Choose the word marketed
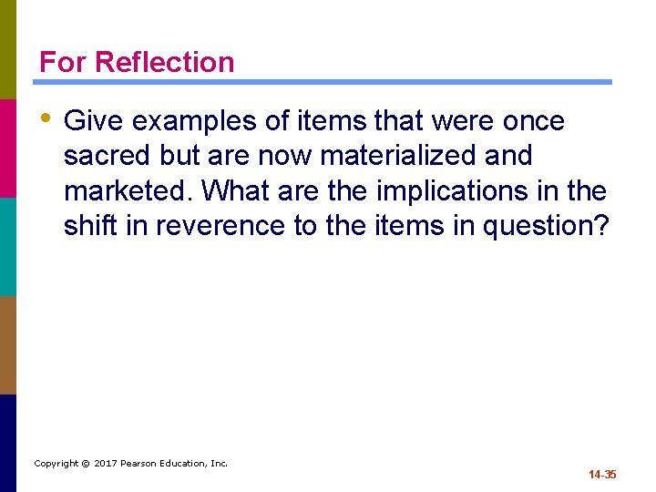tap(128, 190)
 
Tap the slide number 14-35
tap(602, 475)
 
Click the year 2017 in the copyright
tap(108, 464)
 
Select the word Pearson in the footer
tap(147, 464)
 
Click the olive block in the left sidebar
tap(7, 49)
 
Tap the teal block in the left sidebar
tap(7, 246)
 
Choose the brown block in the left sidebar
tap(7, 344)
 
